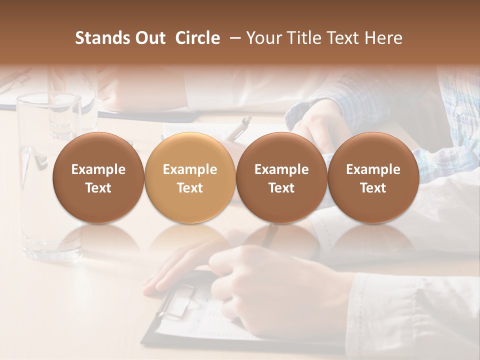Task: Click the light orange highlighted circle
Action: click(189, 178)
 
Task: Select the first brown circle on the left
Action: click(98, 178)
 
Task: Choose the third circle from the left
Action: click(281, 178)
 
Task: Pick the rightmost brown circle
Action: click(373, 178)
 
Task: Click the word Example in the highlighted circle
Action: click(190, 169)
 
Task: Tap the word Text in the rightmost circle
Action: click(373, 188)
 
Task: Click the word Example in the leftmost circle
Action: click(98, 169)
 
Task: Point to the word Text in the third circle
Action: click(281, 188)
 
